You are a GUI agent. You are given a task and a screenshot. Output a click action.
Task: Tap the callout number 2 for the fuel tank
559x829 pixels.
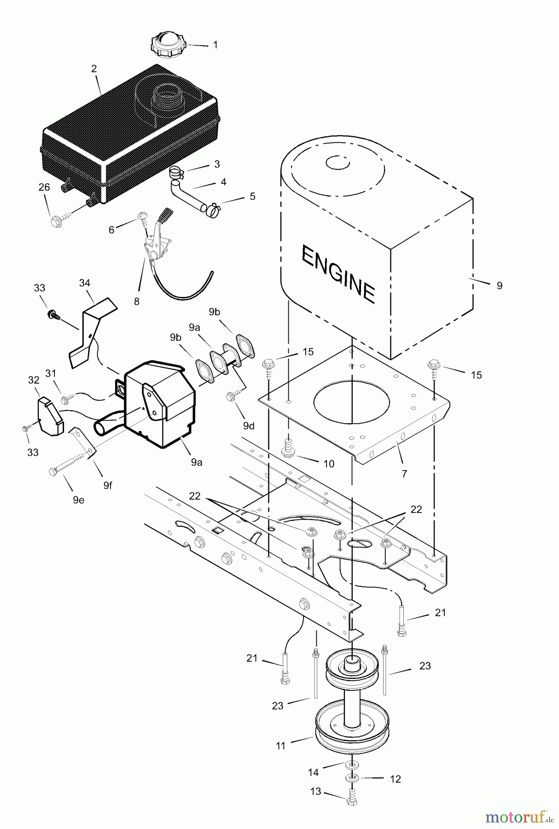coord(94,69)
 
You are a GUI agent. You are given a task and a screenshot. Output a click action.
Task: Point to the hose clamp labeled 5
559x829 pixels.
coord(213,210)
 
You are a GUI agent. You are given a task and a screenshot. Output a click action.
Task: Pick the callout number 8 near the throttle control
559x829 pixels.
coord(137,302)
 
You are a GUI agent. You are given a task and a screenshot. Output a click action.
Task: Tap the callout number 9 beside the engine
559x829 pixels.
coord(500,286)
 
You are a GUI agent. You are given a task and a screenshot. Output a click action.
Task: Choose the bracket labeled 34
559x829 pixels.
coord(92,332)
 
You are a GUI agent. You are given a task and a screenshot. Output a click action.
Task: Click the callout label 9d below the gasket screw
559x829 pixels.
coord(248,426)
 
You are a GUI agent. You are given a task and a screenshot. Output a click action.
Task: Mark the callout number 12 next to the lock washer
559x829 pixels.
coord(395,779)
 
